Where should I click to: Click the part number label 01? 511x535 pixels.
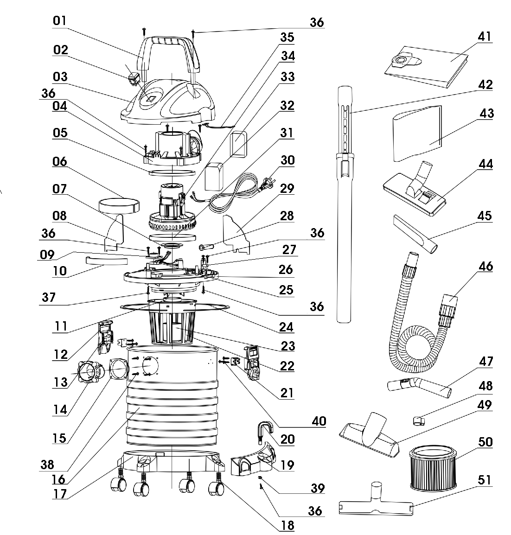pyautogui.click(x=59, y=20)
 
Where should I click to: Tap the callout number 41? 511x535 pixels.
pyautogui.click(x=485, y=37)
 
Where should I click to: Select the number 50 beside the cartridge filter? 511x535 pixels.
pyautogui.click(x=485, y=442)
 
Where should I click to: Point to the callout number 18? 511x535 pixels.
pyautogui.click(x=287, y=525)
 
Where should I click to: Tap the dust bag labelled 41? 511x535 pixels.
pyautogui.click(x=426, y=66)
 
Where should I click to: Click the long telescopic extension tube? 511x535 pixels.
pyautogui.click(x=345, y=205)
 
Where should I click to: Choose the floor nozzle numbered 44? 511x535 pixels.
pyautogui.click(x=414, y=189)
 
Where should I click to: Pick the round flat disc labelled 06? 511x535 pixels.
pyautogui.click(x=119, y=205)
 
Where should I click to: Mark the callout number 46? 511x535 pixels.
pyautogui.click(x=486, y=266)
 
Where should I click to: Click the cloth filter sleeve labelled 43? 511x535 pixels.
pyautogui.click(x=417, y=134)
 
